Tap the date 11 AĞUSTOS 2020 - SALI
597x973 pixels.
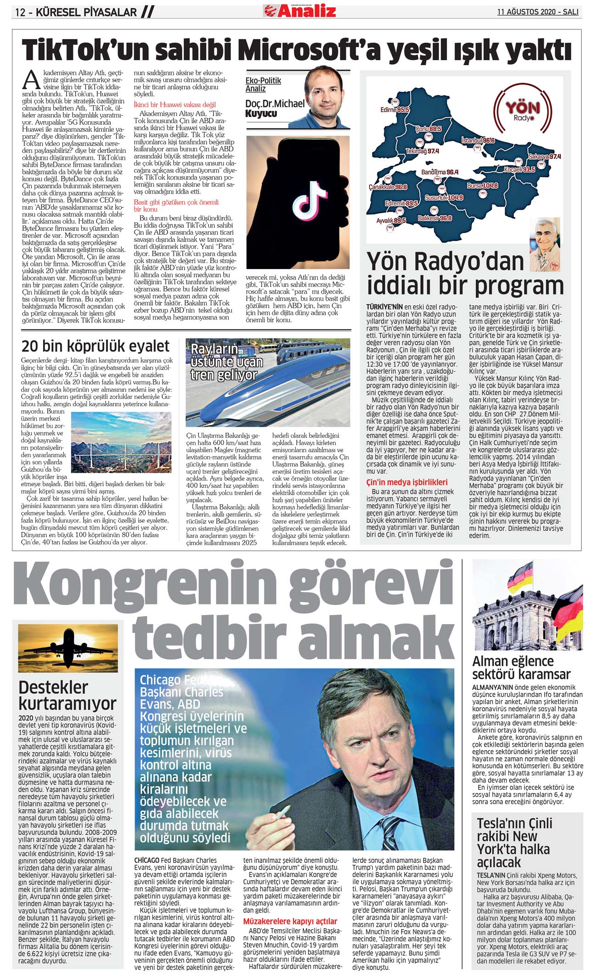538,12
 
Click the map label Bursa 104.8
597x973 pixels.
482,186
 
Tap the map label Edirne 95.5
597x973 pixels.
394,110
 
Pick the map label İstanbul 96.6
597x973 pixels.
478,140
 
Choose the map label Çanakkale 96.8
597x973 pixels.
388,187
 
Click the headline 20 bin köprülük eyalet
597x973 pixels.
96,346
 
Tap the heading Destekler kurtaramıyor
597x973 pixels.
67,695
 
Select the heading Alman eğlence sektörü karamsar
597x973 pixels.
521,667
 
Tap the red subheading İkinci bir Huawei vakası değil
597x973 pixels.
175,105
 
